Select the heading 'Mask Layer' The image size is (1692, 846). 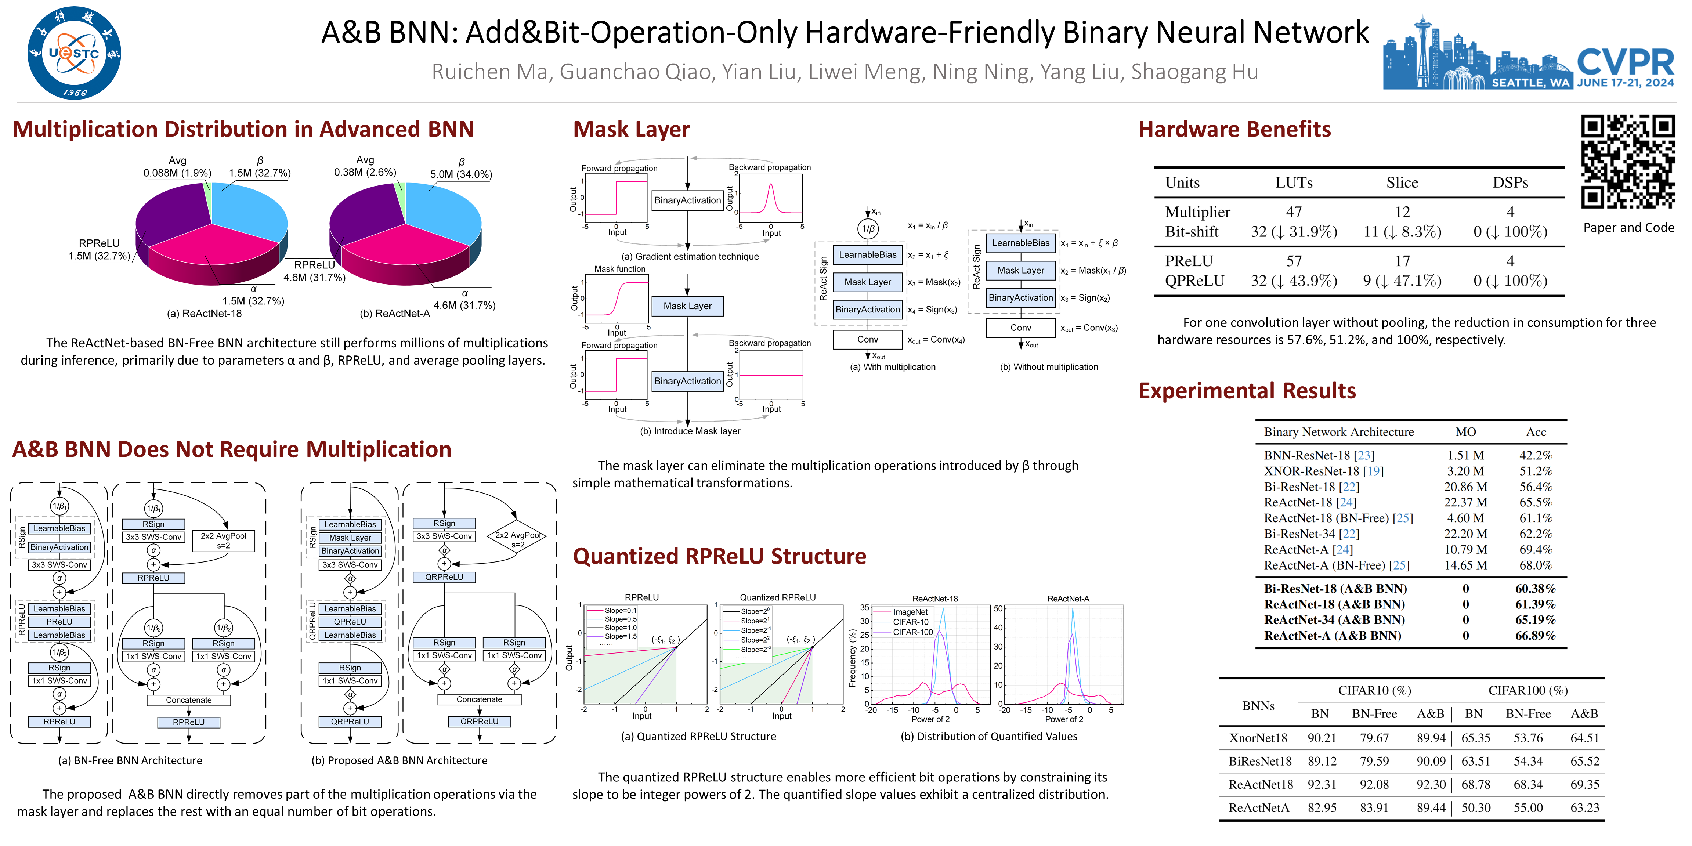(631, 129)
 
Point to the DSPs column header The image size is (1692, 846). (1510, 182)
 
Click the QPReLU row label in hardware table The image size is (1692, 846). (1194, 281)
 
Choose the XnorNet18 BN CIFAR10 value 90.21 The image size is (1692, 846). (1322, 738)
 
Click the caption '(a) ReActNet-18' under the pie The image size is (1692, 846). (204, 313)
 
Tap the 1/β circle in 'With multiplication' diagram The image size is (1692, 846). (868, 229)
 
